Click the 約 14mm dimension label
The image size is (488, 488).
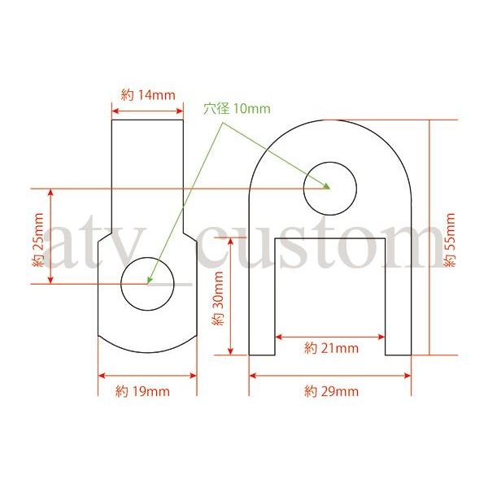148,95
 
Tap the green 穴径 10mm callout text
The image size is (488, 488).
237,109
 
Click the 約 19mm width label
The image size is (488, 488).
142,391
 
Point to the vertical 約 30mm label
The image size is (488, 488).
218,298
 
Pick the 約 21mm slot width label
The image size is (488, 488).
332,348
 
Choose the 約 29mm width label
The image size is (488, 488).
332,391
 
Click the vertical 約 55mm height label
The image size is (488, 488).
450,240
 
